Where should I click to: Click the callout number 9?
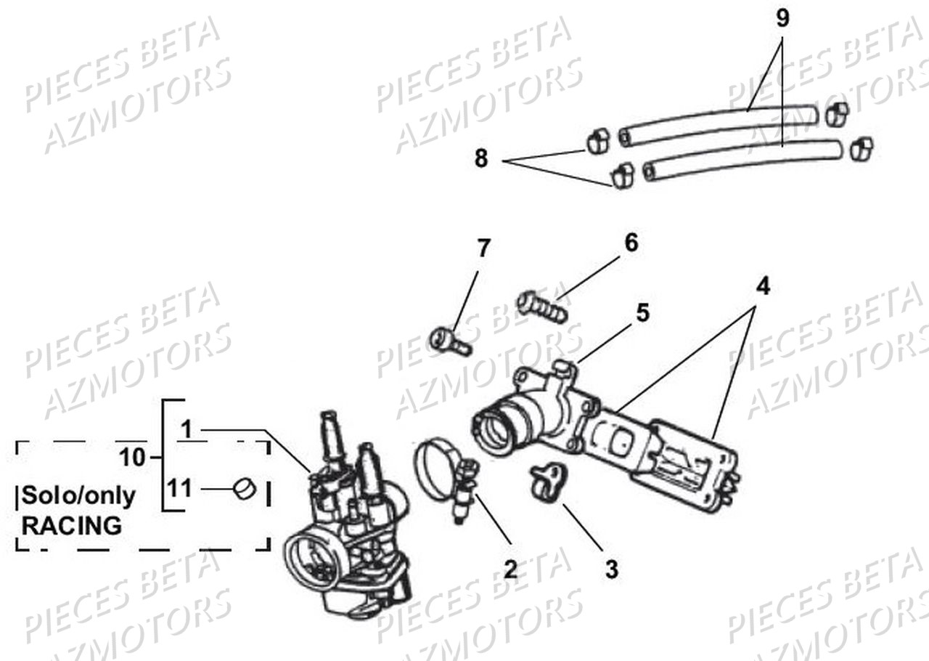[x=782, y=19]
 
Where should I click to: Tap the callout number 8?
[x=481, y=158]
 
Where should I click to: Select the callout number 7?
[x=483, y=248]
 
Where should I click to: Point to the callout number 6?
[x=631, y=243]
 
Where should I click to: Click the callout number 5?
[x=642, y=313]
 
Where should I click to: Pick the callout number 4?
[x=761, y=286]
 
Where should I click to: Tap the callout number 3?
[x=612, y=569]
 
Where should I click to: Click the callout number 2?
[x=510, y=569]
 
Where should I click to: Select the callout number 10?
[x=133, y=458]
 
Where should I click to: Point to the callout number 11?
[x=181, y=489]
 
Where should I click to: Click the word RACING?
[x=72, y=525]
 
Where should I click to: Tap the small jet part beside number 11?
[x=245, y=490]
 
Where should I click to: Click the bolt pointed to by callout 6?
[x=541, y=307]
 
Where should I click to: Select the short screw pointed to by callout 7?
[x=450, y=341]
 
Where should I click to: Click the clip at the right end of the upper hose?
[x=837, y=113]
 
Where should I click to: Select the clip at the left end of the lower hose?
[x=622, y=175]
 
